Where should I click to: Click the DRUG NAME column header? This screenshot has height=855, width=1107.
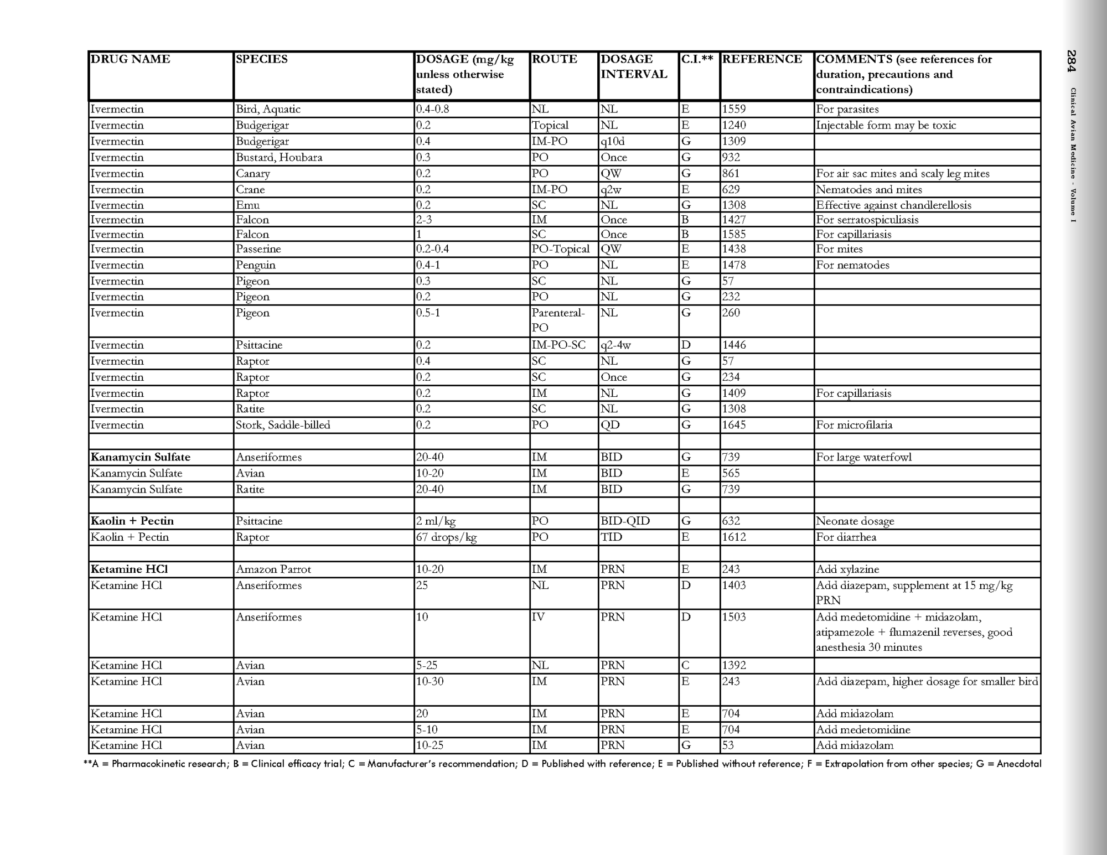pos(130,59)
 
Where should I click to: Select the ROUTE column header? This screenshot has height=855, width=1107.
pos(554,59)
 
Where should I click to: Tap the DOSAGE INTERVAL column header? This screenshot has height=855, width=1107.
pos(633,66)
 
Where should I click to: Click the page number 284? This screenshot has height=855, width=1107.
pos(1072,61)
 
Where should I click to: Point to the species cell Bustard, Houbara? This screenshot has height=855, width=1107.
pos(279,158)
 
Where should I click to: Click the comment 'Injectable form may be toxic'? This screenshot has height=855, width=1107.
pos(886,126)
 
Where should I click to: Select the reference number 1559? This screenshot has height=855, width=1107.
pos(734,110)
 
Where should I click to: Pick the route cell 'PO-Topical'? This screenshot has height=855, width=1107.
pos(560,249)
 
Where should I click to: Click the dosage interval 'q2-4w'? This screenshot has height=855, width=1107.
pos(615,345)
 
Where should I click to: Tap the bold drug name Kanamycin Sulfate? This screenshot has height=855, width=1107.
pos(140,457)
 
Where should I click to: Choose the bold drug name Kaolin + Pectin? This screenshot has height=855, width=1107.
pos(132,521)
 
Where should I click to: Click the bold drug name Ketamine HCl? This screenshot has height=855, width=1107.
pos(129,569)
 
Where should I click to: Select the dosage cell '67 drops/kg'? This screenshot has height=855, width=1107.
pos(446,537)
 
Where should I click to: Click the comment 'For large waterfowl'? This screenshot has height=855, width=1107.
pos(863,457)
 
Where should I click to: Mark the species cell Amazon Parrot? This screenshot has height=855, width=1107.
pos(273,569)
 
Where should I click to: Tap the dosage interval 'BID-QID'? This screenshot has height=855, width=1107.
pos(625,521)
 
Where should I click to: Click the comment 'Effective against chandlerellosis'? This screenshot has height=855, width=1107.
pos(893,205)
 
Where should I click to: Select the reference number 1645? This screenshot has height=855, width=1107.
pos(734,425)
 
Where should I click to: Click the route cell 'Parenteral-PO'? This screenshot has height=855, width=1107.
pos(558,320)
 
